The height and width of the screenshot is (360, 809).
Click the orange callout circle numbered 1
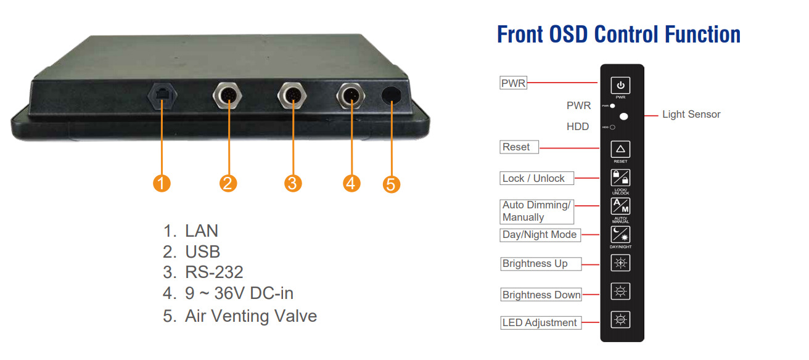click(x=161, y=183)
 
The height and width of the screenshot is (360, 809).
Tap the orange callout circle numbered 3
click(x=293, y=183)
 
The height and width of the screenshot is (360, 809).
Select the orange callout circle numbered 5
click(x=392, y=184)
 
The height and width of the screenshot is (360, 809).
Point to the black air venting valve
click(x=393, y=96)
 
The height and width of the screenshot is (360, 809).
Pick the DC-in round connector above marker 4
click(x=351, y=96)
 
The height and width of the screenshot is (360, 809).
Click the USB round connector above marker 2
click(x=228, y=96)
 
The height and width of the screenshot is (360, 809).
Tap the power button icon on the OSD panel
click(x=620, y=85)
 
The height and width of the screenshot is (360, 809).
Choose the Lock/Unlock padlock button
click(x=620, y=178)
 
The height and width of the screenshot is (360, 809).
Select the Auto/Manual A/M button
click(x=620, y=207)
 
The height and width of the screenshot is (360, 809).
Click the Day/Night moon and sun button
click(x=620, y=234)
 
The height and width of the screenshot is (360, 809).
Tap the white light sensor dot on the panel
click(x=624, y=115)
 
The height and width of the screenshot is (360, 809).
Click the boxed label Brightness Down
click(x=541, y=295)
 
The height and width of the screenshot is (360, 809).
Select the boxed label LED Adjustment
click(x=540, y=322)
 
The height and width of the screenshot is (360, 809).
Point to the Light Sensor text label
click(x=691, y=114)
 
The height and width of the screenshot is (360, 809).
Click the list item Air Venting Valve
click(x=250, y=316)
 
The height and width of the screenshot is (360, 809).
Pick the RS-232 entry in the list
click(x=213, y=272)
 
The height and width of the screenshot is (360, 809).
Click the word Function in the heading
click(x=699, y=35)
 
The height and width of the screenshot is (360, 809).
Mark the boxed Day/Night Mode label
click(x=540, y=234)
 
